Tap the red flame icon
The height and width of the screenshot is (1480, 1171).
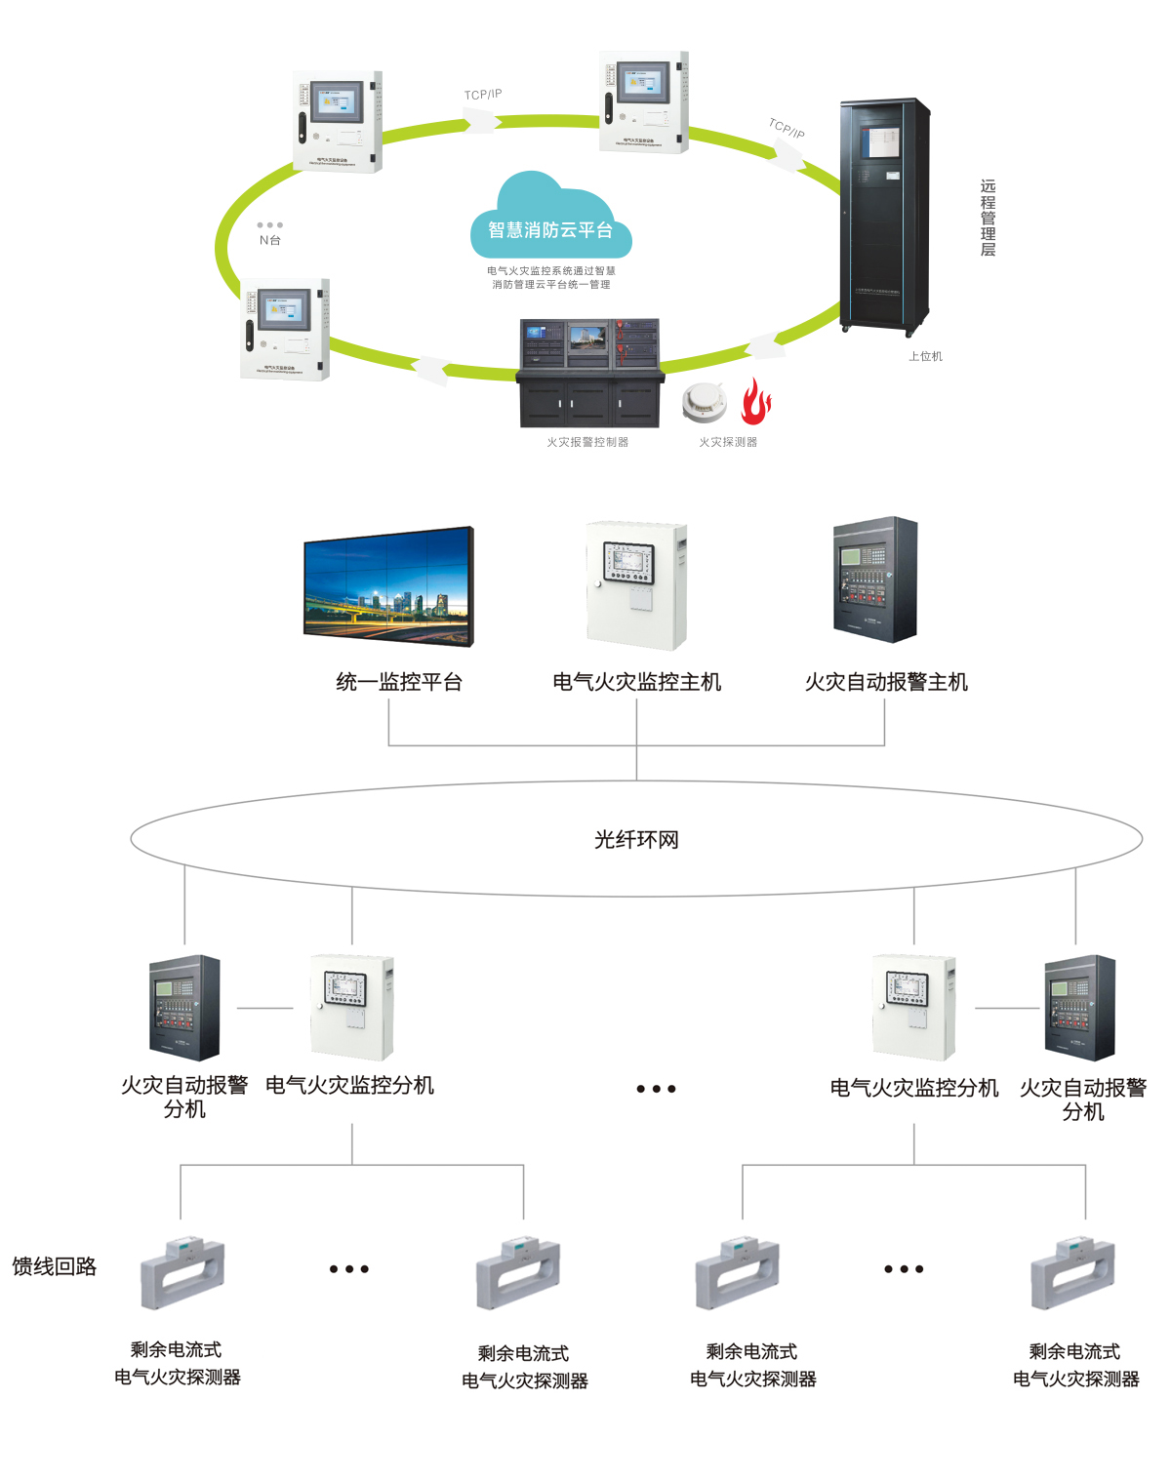click(755, 402)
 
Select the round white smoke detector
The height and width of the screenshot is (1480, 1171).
click(704, 402)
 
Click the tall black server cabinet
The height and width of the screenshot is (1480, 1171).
click(885, 215)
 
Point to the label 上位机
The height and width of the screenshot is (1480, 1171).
click(925, 356)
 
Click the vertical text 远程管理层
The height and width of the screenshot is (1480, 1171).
click(988, 218)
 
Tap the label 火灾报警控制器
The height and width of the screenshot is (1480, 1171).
click(587, 442)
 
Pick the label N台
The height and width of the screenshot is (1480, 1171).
click(270, 240)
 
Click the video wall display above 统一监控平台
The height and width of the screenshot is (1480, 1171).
click(388, 586)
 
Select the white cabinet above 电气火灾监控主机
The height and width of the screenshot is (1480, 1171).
click(636, 585)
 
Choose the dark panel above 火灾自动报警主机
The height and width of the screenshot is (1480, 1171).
click(875, 580)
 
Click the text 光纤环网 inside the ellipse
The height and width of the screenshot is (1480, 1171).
click(636, 840)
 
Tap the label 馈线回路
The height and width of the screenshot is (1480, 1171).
click(55, 1266)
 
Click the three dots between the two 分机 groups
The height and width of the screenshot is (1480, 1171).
click(656, 1089)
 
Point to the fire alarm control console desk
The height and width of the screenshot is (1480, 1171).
click(588, 373)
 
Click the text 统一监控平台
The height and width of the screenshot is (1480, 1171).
click(399, 682)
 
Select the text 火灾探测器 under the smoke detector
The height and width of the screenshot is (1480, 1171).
click(728, 442)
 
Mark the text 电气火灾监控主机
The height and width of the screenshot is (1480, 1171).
click(636, 682)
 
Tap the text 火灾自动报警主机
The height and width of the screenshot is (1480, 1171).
click(886, 682)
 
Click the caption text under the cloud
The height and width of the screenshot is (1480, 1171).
click(551, 278)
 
